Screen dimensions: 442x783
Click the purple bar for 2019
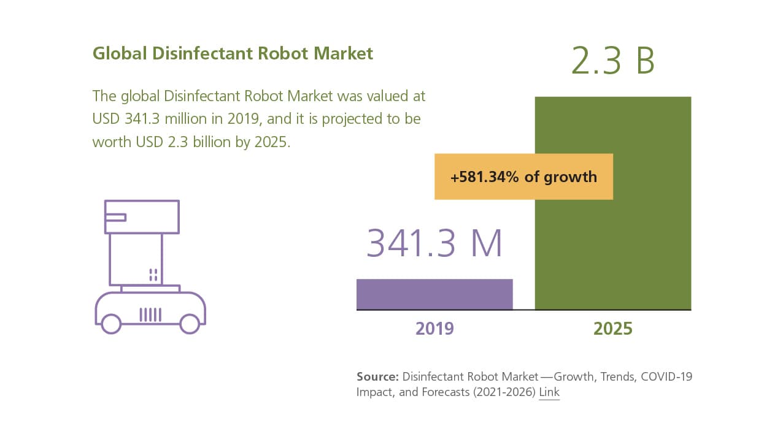[x=434, y=294]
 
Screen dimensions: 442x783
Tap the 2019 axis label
[x=434, y=329]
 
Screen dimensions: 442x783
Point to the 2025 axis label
[x=612, y=329]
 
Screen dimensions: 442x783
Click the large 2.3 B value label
[x=612, y=61]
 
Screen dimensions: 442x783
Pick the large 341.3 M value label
[x=434, y=243]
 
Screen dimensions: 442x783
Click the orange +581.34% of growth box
[x=523, y=177]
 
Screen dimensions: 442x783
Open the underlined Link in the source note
[x=549, y=392]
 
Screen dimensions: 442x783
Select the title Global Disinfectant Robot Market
[x=233, y=53]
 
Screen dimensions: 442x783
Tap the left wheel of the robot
[x=111, y=323]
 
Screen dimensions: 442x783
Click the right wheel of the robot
[x=190, y=323]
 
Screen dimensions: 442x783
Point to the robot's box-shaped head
[x=142, y=216]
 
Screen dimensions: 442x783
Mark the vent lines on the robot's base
[x=150, y=314]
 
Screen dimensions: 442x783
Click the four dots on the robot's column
[x=153, y=275]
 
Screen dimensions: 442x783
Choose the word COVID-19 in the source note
[x=666, y=376]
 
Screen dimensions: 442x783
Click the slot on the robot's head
[x=115, y=216]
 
